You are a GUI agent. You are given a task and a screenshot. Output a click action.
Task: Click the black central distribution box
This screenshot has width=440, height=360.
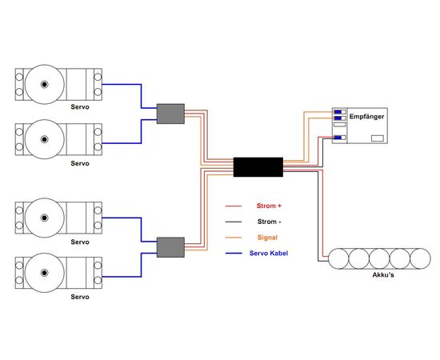pos(258,167)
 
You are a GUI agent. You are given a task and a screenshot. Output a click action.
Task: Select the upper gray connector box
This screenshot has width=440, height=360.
pos(170,114)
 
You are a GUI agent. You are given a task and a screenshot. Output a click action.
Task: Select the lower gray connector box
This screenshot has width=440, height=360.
pos(170,247)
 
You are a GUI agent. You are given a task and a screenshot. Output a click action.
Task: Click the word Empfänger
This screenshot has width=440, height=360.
pos(366,117)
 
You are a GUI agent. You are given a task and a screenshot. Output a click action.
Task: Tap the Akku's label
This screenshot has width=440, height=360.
pos(383,275)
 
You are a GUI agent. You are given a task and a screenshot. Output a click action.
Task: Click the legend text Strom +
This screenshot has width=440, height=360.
pos(269,206)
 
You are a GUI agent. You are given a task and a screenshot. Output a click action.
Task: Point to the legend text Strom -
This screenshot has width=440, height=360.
pos(269,222)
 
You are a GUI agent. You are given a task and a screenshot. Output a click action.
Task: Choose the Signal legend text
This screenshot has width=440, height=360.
pos(267,238)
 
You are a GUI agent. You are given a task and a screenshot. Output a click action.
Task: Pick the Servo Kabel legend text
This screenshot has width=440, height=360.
pos(269,253)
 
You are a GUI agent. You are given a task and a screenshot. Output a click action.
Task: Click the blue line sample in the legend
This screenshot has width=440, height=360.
pos(234,254)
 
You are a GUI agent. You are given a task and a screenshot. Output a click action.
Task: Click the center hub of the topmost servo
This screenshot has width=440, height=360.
pos(44,84)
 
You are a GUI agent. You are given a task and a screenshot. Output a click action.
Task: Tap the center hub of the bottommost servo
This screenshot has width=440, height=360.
pos(44,273)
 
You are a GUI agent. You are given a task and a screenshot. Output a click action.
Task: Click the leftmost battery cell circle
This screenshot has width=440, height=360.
pos(338,258)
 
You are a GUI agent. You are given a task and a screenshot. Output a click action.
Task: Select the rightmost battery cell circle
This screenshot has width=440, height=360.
pos(420,258)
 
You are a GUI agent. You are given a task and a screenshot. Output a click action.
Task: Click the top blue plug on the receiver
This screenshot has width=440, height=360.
pos(338,112)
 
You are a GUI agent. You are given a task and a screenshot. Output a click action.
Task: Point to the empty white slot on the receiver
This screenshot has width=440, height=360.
pos(339,124)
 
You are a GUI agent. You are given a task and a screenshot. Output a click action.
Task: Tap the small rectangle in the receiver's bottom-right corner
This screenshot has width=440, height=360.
pos(378,138)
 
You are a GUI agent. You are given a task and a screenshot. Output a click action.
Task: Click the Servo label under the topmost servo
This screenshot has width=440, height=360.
pos(80,107)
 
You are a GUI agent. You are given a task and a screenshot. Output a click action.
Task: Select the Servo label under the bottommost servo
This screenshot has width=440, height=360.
pos(80,297)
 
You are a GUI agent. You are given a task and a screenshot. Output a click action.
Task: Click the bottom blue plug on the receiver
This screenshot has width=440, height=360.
pos(338,138)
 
